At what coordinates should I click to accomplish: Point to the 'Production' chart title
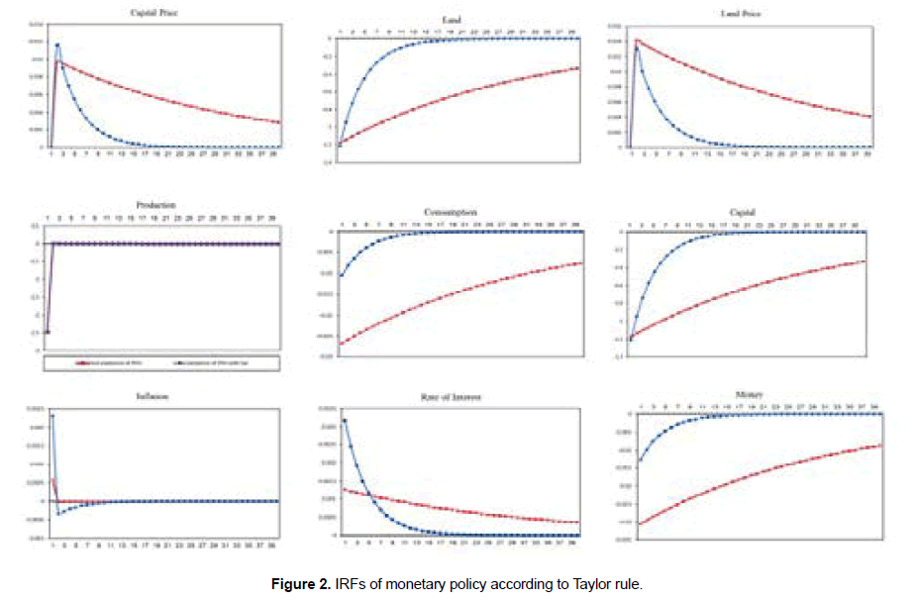tap(156, 205)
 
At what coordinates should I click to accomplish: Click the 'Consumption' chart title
tap(451, 212)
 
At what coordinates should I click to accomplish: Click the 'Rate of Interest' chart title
tap(451, 398)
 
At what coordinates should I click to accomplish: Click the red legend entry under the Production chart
tap(102, 363)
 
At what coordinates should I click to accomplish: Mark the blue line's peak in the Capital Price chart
tap(57, 45)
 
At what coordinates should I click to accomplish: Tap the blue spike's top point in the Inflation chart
tap(51, 416)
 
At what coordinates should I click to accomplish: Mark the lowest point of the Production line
tap(48, 332)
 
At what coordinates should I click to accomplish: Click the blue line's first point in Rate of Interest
tap(345, 421)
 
